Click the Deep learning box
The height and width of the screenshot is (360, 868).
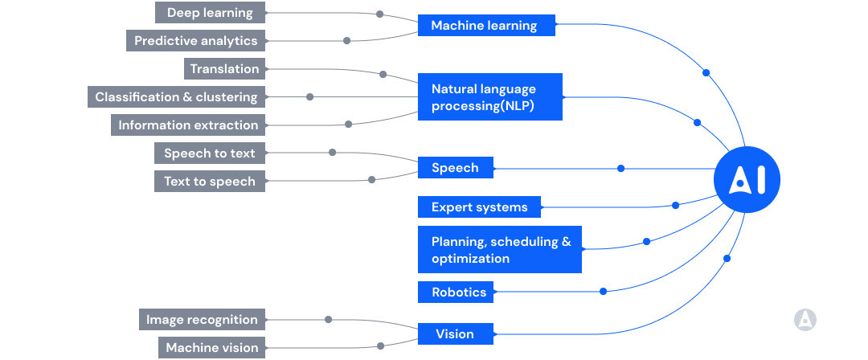point(209,13)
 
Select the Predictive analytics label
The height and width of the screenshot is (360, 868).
point(195,41)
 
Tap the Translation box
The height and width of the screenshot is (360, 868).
point(224,69)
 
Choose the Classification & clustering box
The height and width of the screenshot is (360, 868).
point(175,97)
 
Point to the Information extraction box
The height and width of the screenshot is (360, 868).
point(188,125)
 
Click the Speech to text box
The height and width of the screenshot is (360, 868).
point(209,153)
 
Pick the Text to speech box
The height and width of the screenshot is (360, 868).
point(209,182)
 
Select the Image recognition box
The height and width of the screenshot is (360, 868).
point(202,320)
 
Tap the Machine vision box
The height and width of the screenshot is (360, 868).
point(211,348)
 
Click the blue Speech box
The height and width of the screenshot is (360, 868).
point(456,168)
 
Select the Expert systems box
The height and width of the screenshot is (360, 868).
point(479,207)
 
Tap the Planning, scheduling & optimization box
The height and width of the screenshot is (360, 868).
point(500,250)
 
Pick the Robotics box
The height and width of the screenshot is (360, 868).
point(459,292)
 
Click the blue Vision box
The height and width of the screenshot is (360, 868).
point(456,334)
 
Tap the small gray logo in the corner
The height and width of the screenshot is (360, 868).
point(805,320)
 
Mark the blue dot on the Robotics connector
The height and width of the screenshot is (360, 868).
point(604,291)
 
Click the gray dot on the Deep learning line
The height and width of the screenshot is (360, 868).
point(379,14)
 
